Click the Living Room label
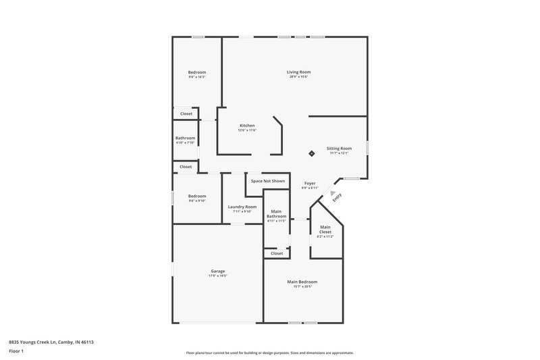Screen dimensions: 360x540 [x=298, y=72]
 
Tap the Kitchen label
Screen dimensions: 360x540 [x=247, y=126]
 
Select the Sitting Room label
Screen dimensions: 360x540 [x=339, y=148]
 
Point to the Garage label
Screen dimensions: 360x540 [x=217, y=271]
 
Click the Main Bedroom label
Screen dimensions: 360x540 [x=302, y=282]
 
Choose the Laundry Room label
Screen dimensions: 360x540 [x=242, y=207]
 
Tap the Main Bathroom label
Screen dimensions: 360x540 [x=277, y=214]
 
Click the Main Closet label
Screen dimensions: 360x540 [x=325, y=229]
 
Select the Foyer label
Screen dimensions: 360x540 [x=310, y=183]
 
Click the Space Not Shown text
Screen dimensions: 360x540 [x=268, y=181]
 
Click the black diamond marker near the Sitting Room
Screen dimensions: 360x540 [x=311, y=153]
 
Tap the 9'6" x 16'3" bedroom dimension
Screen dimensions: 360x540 [x=197, y=77]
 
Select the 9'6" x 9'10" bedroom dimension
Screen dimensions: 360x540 [x=197, y=201]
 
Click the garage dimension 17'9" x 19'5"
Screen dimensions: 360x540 [x=217, y=276]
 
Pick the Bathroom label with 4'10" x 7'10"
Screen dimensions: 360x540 [x=186, y=138]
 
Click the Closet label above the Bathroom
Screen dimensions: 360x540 [x=186, y=113]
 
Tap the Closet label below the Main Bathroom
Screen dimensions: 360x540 [x=277, y=253]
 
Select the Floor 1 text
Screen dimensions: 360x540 [x=16, y=352]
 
